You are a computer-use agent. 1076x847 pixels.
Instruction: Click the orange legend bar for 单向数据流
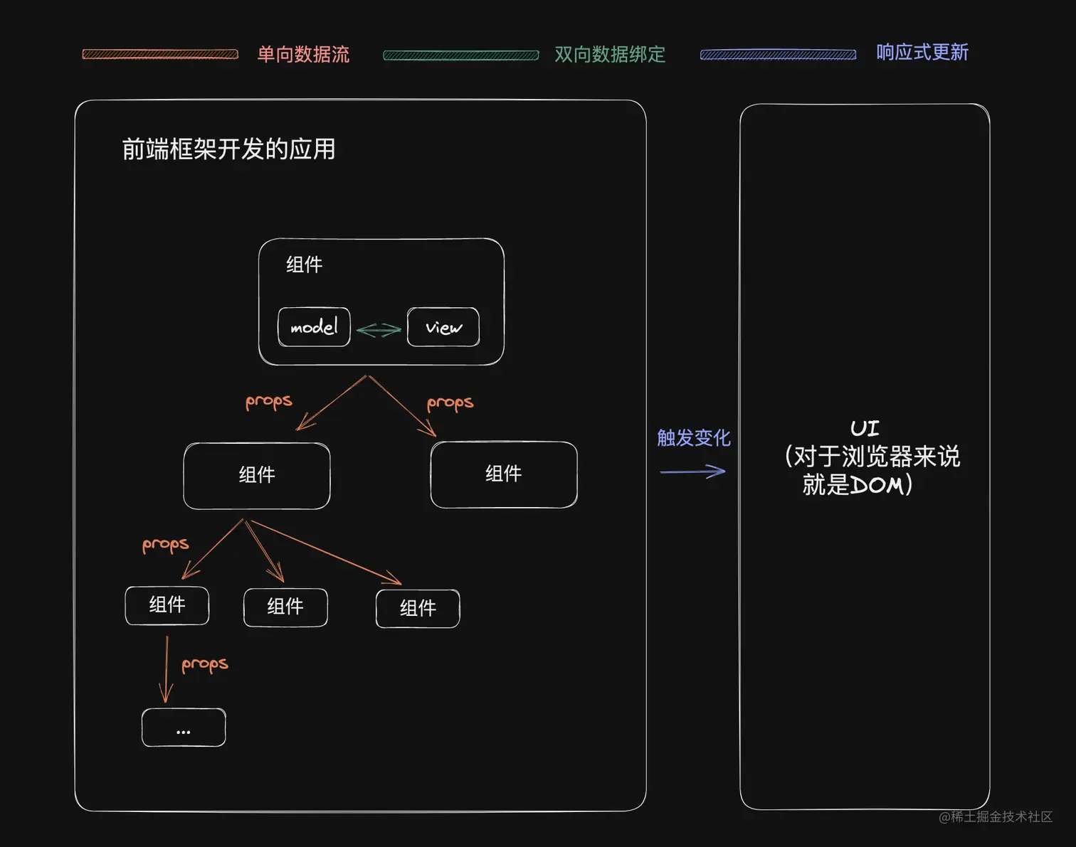tap(160, 54)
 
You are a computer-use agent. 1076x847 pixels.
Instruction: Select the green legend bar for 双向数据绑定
tap(460, 55)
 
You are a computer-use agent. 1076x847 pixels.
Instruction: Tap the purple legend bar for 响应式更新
tap(778, 55)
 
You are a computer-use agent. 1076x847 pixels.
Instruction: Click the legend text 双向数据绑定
tap(610, 54)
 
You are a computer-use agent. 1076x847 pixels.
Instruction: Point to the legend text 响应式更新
tap(922, 52)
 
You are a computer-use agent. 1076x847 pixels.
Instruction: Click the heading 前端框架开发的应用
tap(228, 149)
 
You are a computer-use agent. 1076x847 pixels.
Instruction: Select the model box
tap(314, 327)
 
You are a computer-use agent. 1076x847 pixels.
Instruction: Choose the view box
tap(443, 327)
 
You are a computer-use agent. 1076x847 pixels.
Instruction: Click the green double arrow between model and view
tap(379, 330)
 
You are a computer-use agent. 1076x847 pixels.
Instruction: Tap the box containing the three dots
tap(184, 728)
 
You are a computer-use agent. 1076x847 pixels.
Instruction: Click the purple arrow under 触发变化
tap(692, 471)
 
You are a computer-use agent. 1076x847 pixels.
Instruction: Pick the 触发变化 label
tap(693, 437)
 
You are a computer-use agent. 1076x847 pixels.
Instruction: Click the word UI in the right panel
tap(865, 428)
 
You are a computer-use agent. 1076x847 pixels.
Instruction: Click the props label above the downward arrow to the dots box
tap(205, 664)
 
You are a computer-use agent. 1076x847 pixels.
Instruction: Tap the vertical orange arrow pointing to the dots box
tap(167, 668)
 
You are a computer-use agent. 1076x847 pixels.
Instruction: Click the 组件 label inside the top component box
tap(304, 265)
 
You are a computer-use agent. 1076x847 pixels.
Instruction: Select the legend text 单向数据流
tap(303, 54)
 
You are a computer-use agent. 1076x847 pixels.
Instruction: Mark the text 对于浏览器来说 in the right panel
tap(876, 456)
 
